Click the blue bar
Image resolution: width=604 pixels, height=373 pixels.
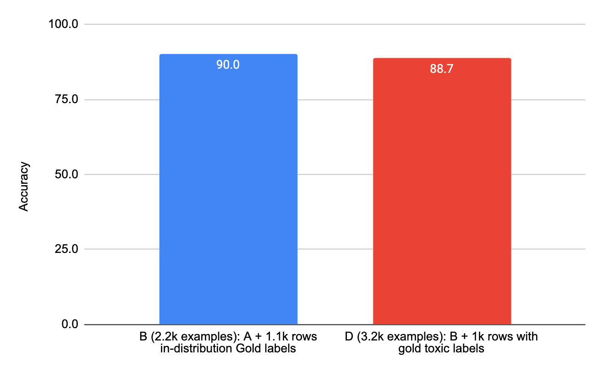[228, 192]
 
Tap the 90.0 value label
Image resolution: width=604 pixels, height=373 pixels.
[228, 65]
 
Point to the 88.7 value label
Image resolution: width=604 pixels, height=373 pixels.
[442, 69]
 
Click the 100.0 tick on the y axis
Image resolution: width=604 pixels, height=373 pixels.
[65, 24]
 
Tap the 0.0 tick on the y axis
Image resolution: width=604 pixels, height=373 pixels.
[70, 324]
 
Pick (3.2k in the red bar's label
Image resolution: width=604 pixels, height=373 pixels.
[367, 337]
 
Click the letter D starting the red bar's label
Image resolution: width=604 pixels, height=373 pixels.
[349, 337]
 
